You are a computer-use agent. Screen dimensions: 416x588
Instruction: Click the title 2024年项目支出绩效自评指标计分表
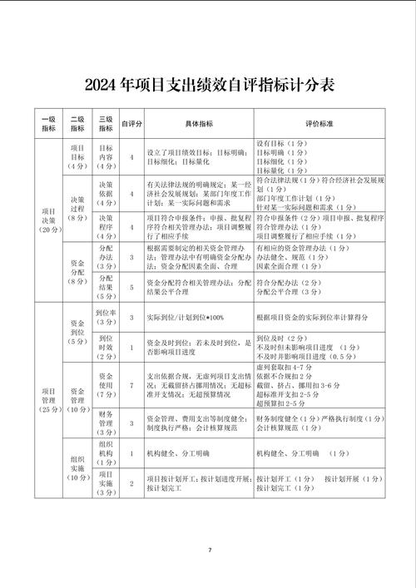pyautogui.click(x=208, y=85)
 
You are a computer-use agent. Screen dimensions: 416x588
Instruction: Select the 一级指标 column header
pyautogui.click(x=48, y=124)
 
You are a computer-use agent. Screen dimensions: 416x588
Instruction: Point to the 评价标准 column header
pyautogui.click(x=319, y=124)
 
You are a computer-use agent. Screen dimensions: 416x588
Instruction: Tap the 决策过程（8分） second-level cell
pyautogui.click(x=77, y=206)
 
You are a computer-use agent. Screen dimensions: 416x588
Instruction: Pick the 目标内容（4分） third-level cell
pyautogui.click(x=106, y=156)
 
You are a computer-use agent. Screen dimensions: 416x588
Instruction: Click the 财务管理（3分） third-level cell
pyautogui.click(x=106, y=422)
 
